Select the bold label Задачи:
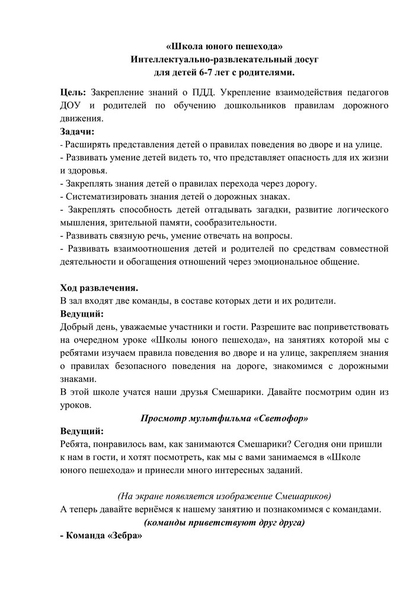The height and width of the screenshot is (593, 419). pyautogui.click(x=77, y=131)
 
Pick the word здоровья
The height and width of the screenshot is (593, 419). pyautogui.click(x=87, y=170)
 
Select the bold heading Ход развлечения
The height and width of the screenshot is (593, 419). pyautogui.click(x=99, y=288)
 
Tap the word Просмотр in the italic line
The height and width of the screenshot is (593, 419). pyautogui.click(x=161, y=417)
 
